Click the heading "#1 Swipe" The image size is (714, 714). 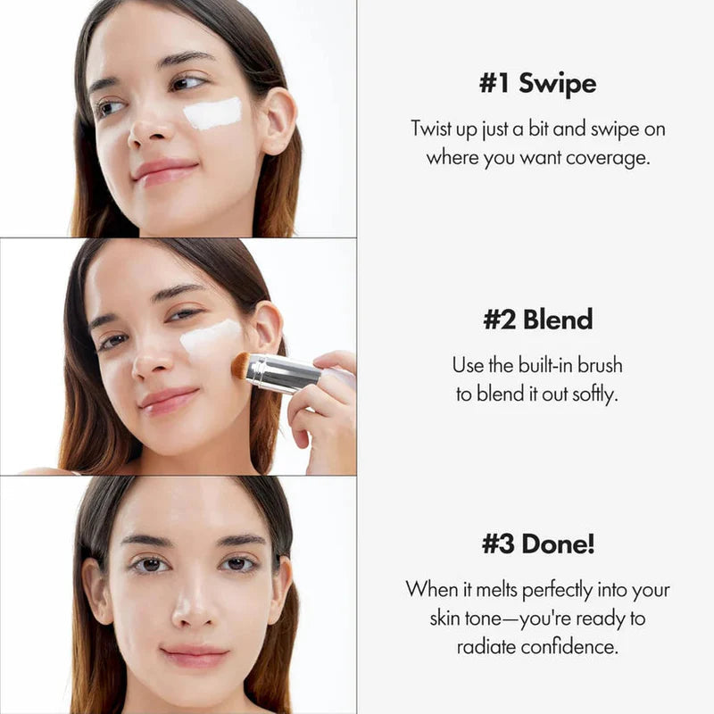click(x=537, y=84)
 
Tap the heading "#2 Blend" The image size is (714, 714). click(x=537, y=320)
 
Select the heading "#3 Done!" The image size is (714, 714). click(x=537, y=544)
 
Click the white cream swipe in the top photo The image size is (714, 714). click(x=212, y=114)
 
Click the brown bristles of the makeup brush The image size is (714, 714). click(x=240, y=364)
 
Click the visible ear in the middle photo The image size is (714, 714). click(x=266, y=328)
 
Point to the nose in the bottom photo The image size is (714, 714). click(x=194, y=610)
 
